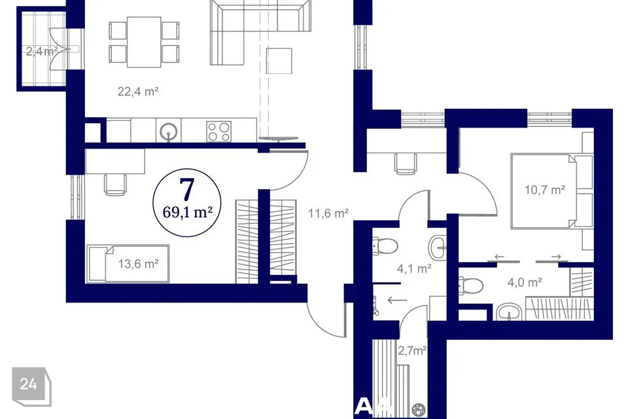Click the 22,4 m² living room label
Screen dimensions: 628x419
(x=138, y=92)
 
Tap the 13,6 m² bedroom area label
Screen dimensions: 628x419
(x=138, y=264)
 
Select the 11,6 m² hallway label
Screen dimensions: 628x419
(x=328, y=213)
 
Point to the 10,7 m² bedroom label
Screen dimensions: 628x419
(x=545, y=189)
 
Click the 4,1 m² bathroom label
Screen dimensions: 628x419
(x=414, y=268)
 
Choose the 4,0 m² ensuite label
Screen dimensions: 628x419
(x=525, y=282)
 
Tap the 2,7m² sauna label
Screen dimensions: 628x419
(x=411, y=351)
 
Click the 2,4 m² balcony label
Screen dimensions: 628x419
(x=42, y=51)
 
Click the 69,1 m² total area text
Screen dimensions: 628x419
(x=187, y=211)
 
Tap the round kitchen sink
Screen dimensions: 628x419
(x=168, y=131)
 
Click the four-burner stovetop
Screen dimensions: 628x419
(x=218, y=132)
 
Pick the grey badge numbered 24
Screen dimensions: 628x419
(x=31, y=386)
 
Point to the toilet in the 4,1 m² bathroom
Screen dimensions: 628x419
(x=385, y=246)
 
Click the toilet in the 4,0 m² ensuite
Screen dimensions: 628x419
(x=470, y=285)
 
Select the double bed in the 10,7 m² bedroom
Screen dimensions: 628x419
(x=551, y=191)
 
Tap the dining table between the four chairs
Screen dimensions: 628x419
(x=144, y=42)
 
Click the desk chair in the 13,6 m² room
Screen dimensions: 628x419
(x=115, y=185)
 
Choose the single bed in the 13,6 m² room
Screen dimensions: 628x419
(x=128, y=264)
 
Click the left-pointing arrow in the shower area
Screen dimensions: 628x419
(x=397, y=300)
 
